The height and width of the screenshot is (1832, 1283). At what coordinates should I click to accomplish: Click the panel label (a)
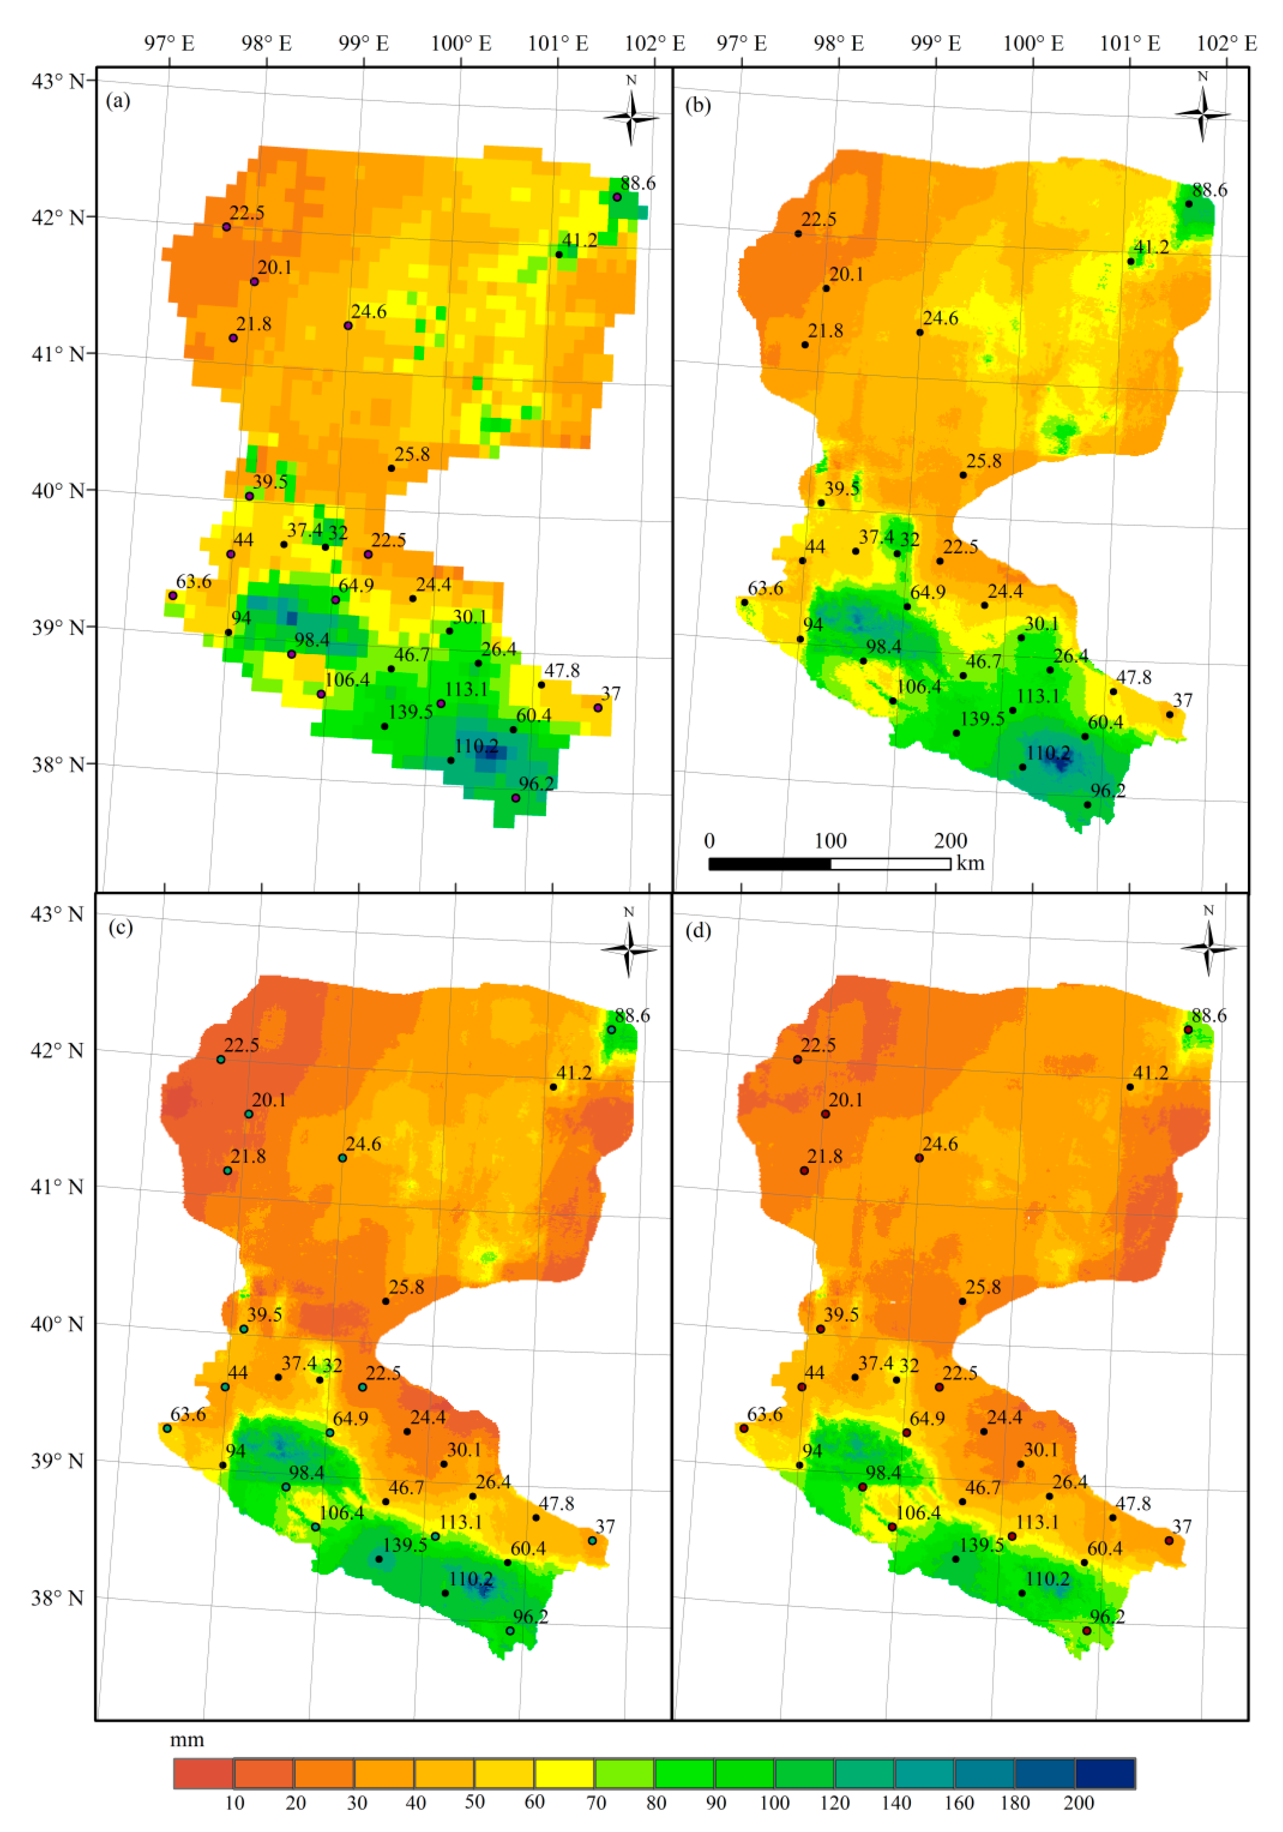[118, 101]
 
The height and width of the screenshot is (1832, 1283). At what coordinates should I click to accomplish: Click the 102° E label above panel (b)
[1226, 43]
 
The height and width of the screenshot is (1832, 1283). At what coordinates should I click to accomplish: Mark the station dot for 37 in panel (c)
[592, 1541]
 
